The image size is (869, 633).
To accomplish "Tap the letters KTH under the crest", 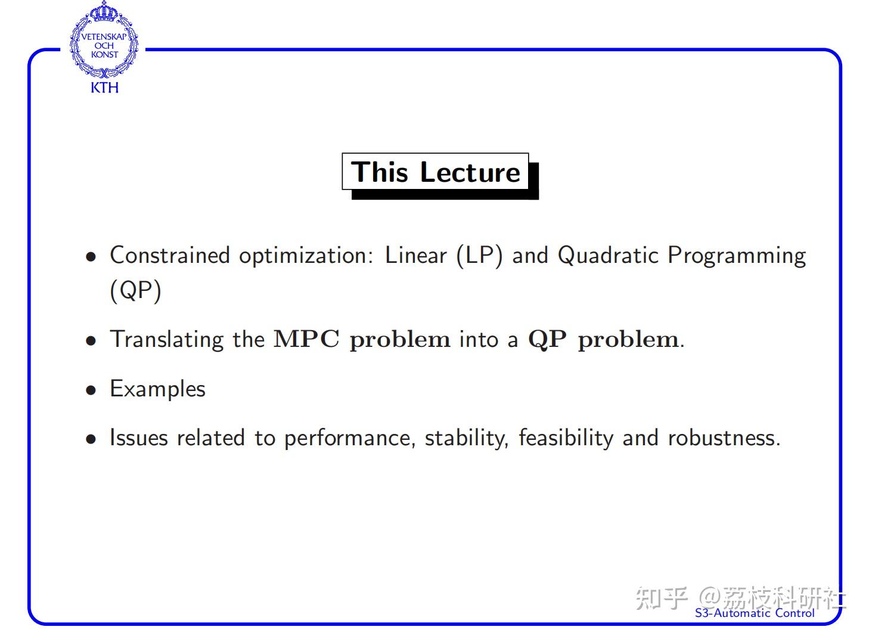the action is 104,88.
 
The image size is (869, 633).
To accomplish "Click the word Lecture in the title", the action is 470,172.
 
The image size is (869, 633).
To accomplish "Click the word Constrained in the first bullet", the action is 170,256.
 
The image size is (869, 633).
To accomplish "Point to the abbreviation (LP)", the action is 480,256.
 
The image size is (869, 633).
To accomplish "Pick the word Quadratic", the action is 608,256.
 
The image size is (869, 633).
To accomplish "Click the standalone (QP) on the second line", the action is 135,291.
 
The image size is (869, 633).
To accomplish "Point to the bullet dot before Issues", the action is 91,439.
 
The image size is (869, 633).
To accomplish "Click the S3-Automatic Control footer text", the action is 755,613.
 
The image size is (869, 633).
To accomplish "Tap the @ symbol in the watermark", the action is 710,598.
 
